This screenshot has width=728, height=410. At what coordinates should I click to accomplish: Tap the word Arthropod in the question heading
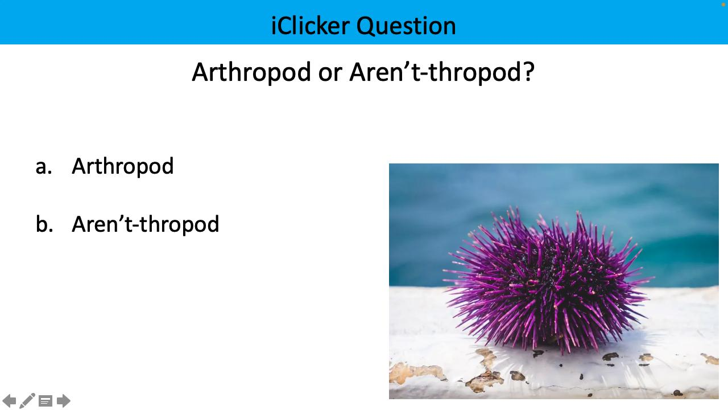point(251,72)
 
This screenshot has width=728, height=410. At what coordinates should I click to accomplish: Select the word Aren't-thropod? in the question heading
point(441,72)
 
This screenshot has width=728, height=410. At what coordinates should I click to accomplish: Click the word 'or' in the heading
point(329,73)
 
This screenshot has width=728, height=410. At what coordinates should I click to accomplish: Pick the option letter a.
point(43,167)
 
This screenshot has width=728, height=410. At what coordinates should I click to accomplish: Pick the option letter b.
point(43,224)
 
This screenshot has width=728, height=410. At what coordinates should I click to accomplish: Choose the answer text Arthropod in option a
point(122,166)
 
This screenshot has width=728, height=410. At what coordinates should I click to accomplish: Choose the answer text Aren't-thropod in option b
point(145,224)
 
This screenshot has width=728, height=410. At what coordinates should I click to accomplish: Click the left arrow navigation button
point(10,401)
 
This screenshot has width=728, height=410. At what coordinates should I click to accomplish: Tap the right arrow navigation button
point(64,401)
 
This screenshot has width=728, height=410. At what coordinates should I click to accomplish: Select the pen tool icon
point(27,401)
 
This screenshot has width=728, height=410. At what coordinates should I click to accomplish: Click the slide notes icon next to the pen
point(45,401)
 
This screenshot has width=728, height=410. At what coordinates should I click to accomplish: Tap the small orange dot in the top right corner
point(723,4)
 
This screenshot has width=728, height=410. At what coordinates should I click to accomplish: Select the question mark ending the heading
point(528,72)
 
